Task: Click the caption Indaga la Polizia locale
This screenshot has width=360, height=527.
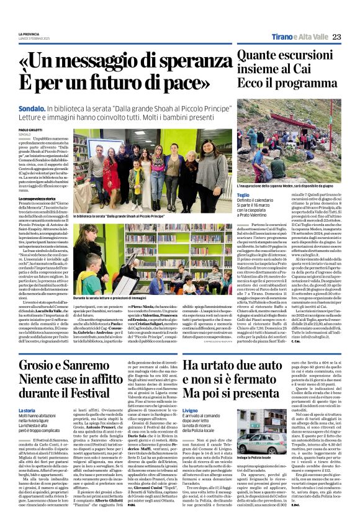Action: [x=254, y=456]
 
